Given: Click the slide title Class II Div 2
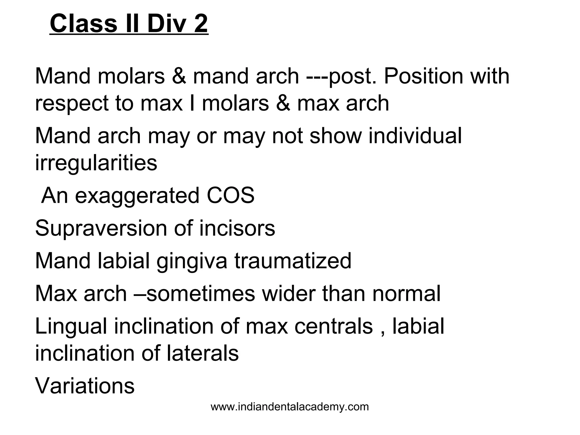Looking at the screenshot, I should coord(129,24).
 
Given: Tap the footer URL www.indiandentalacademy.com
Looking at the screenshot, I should coord(290,407).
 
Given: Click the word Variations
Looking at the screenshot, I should coord(85,386).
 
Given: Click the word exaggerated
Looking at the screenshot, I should coord(137,196).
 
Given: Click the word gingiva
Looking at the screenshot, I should coord(192,261).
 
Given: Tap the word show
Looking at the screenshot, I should coord(336,136).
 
